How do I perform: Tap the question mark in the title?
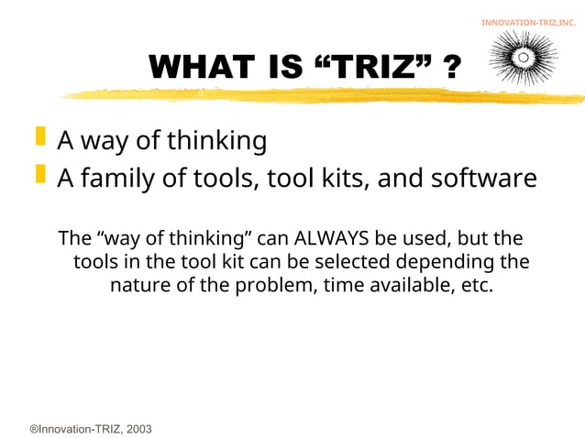coord(450,67)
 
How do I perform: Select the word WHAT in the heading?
coord(201,67)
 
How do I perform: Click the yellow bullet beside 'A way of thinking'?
coord(39,137)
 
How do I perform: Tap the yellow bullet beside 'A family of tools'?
coord(39,173)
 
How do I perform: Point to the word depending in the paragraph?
coord(432,262)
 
